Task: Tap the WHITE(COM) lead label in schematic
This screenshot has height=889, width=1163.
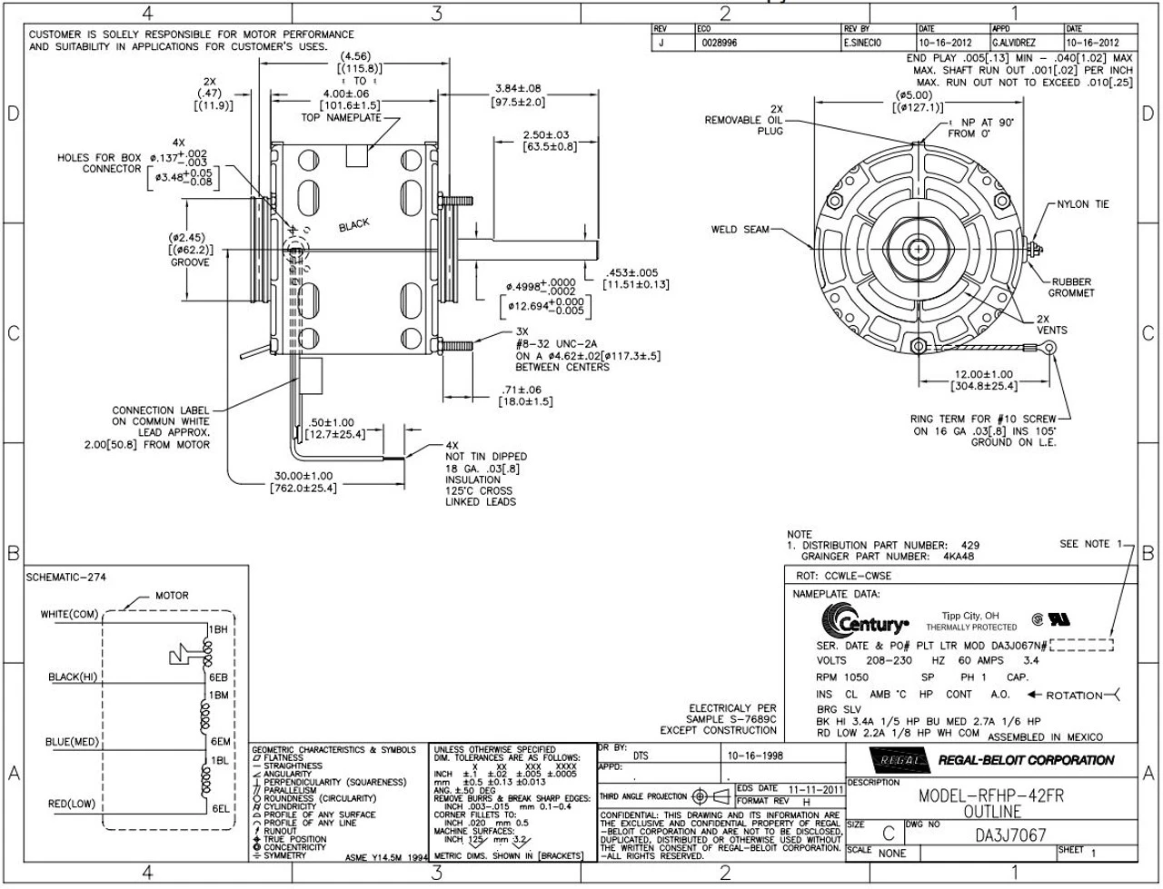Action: (69, 615)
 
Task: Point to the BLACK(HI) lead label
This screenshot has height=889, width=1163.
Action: (74, 677)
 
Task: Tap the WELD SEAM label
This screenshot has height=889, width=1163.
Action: (740, 229)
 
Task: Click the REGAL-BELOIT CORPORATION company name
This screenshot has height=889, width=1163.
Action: (1025, 760)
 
